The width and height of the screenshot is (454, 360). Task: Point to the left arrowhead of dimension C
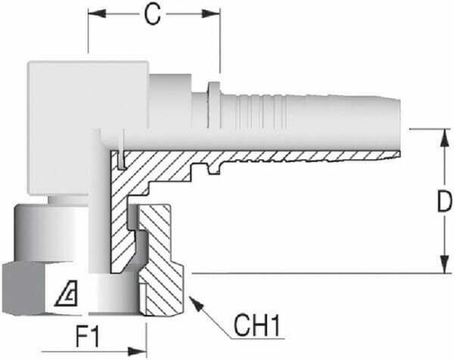[93, 15]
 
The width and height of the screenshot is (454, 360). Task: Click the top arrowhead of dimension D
[442, 136]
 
